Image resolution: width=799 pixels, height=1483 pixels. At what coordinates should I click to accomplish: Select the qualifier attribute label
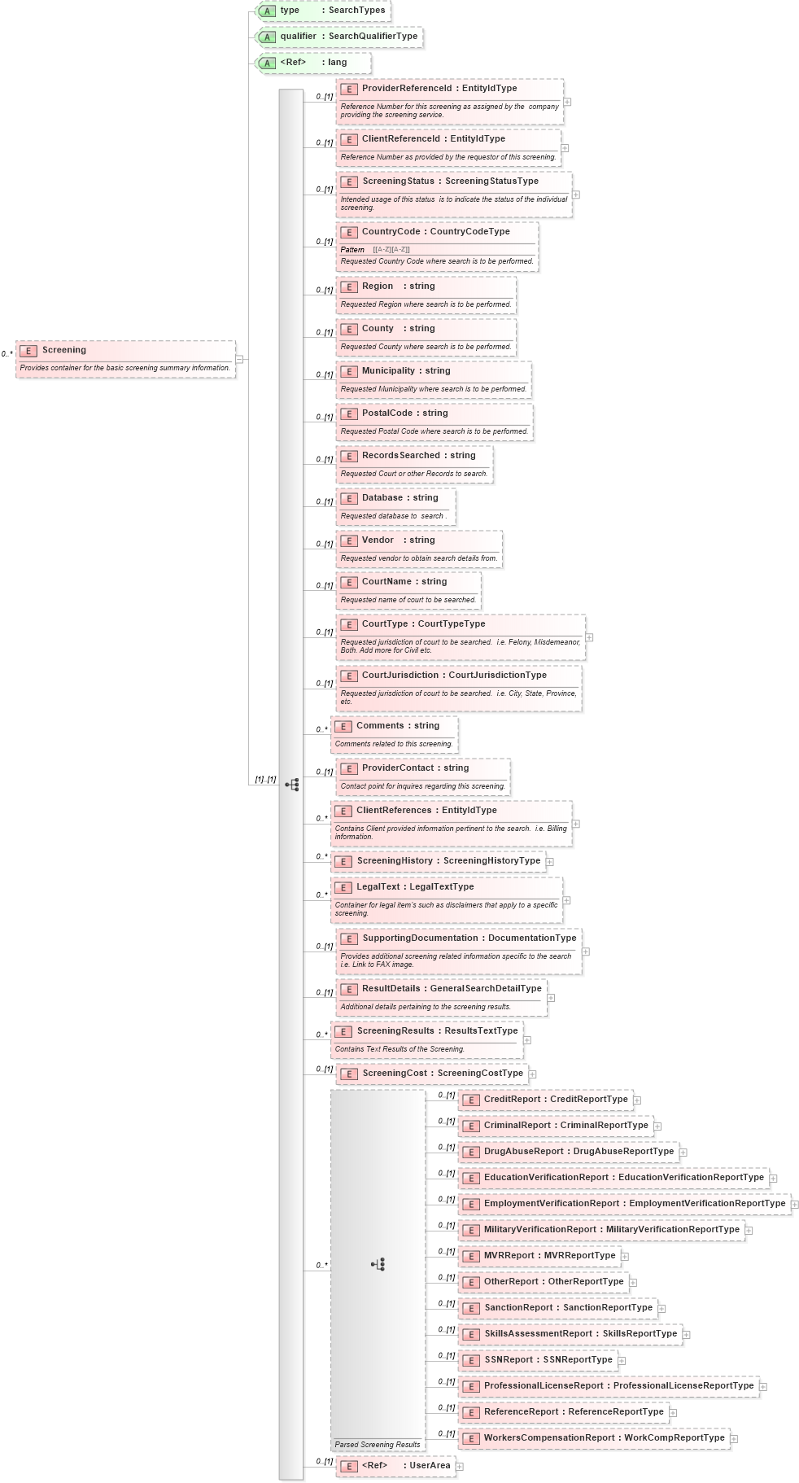[298, 37]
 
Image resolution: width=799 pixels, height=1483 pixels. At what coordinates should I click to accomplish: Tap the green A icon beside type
[267, 11]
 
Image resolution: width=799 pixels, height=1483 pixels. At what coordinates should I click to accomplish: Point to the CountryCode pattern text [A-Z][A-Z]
[391, 250]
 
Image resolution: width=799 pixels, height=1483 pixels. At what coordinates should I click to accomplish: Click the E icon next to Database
[349, 499]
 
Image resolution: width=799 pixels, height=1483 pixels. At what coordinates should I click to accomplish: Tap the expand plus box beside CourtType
[589, 637]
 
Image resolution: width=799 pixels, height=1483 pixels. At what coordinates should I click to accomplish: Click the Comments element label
[380, 726]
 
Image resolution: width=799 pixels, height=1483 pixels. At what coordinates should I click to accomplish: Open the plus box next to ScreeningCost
[532, 1074]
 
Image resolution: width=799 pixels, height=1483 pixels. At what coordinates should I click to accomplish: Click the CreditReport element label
[512, 1100]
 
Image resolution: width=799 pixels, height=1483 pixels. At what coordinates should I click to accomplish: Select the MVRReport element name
[509, 1256]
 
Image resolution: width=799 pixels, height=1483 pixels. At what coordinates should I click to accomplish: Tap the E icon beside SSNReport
[471, 1361]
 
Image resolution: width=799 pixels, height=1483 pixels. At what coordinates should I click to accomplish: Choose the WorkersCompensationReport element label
[548, 1438]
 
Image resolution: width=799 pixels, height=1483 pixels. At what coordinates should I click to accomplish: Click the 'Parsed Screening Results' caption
[378, 1445]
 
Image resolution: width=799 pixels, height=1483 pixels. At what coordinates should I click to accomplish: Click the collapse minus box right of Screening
[239, 359]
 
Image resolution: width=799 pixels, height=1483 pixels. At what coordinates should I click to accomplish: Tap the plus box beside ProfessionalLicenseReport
[763, 1386]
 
